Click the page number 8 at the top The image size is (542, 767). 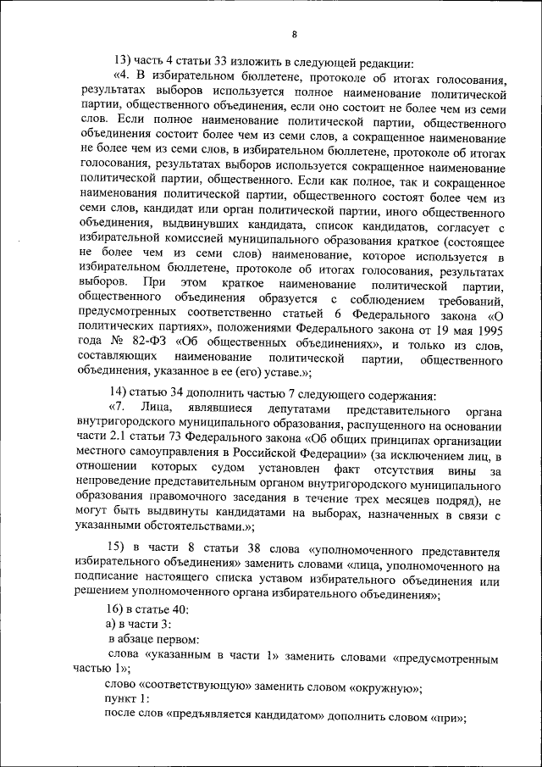[x=294, y=34]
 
